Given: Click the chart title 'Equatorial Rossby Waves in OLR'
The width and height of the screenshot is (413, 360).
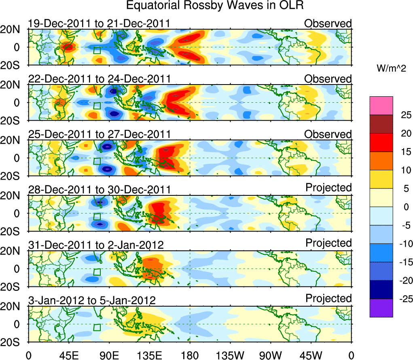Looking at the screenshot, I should tap(214, 6).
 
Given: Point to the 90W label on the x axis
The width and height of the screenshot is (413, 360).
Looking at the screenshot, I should tap(271, 355).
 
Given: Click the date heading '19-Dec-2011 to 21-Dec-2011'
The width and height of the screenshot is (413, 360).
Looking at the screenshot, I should tap(99, 24).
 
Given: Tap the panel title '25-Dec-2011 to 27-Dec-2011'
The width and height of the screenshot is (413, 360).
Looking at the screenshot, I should tap(100, 134).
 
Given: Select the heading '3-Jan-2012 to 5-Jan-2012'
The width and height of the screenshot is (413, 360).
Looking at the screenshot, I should tap(92, 301).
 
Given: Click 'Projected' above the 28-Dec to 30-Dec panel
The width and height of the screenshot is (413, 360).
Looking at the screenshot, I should tap(328, 188).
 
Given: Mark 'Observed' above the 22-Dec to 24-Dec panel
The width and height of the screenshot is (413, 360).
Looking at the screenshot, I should tap(328, 78).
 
